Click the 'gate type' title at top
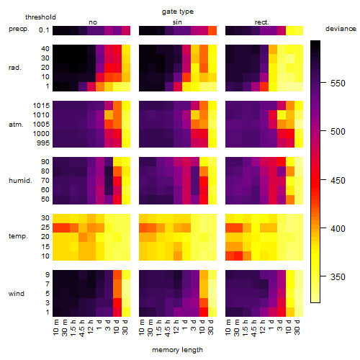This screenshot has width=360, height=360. [x=178, y=12]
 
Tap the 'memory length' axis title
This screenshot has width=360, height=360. [x=177, y=350]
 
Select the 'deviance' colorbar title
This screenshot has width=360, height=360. [x=341, y=29]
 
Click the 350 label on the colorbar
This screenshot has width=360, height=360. [x=338, y=277]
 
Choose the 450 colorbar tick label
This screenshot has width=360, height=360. [x=338, y=180]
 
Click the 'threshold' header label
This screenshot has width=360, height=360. [x=40, y=17]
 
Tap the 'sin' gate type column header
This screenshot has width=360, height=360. [x=177, y=22]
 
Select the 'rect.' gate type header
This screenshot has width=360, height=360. [x=261, y=22]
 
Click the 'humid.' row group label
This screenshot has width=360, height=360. [x=20, y=181]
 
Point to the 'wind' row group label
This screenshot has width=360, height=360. [x=17, y=294]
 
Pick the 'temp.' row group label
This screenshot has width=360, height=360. [x=18, y=236]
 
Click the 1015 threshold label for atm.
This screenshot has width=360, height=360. [x=41, y=106]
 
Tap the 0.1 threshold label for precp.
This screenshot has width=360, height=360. [x=44, y=30]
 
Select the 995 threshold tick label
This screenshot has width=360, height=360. [x=43, y=143]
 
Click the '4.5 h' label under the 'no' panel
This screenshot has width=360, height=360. [x=81, y=328]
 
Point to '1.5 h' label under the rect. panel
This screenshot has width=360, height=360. [x=246, y=328]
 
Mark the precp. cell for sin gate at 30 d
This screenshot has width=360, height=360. [x=212, y=31]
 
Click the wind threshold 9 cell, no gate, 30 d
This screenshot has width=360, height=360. [x=126, y=274]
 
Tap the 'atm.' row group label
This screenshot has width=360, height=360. [x=16, y=125]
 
